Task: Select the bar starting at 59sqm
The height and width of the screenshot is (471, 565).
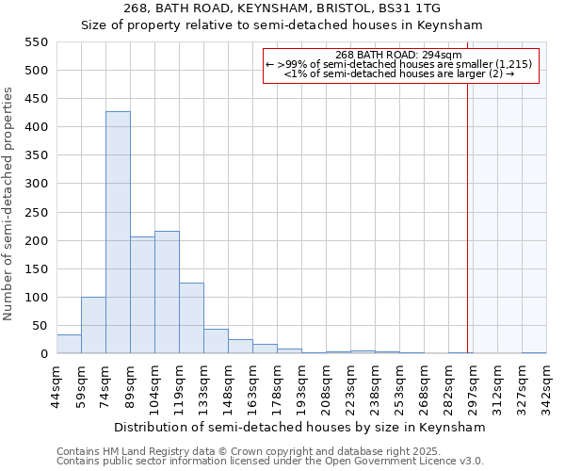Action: click(x=93, y=325)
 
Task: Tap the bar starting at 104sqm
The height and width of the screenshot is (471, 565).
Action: click(x=167, y=292)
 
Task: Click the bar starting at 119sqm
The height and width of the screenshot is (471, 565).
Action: click(x=191, y=318)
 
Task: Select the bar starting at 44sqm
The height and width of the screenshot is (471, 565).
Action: click(x=69, y=344)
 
